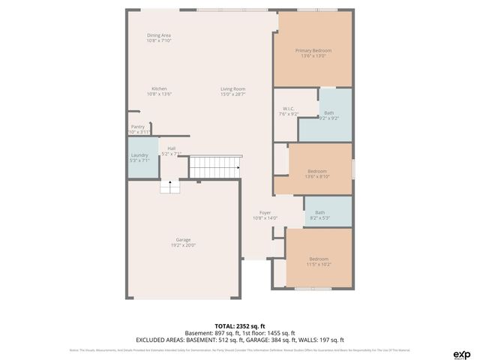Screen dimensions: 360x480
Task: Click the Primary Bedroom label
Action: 313,51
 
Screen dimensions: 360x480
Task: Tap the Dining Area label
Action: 159,35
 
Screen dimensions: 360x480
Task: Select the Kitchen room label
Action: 159,88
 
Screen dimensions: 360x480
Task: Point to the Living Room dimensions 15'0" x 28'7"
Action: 232,94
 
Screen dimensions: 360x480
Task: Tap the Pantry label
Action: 138,127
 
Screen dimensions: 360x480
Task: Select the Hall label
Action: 172,148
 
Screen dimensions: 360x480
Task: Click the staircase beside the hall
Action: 214,166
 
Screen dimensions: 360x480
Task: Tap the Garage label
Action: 183,240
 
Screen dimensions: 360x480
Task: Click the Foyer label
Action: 265,212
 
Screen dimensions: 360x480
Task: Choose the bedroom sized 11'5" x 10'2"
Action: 319,260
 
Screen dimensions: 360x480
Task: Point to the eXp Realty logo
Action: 462,354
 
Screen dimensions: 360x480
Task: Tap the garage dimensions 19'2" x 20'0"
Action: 183,245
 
